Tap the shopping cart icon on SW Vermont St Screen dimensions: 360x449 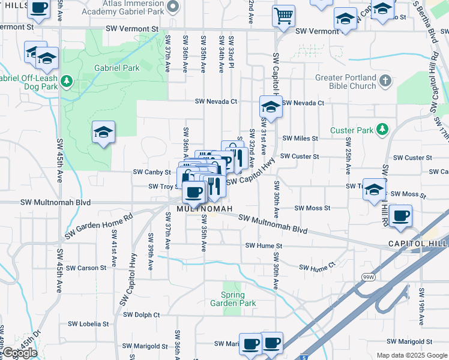tap(283, 16)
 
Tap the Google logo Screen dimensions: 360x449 tap(19, 353)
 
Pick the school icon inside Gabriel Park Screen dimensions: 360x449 tap(103, 132)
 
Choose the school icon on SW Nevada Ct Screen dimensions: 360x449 tap(271, 107)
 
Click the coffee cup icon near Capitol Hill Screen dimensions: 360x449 tap(400, 216)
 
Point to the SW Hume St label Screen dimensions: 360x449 tap(264, 246)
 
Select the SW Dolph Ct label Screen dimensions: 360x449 tap(142, 314)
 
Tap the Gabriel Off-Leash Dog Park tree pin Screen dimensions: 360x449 tap(67, 80)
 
